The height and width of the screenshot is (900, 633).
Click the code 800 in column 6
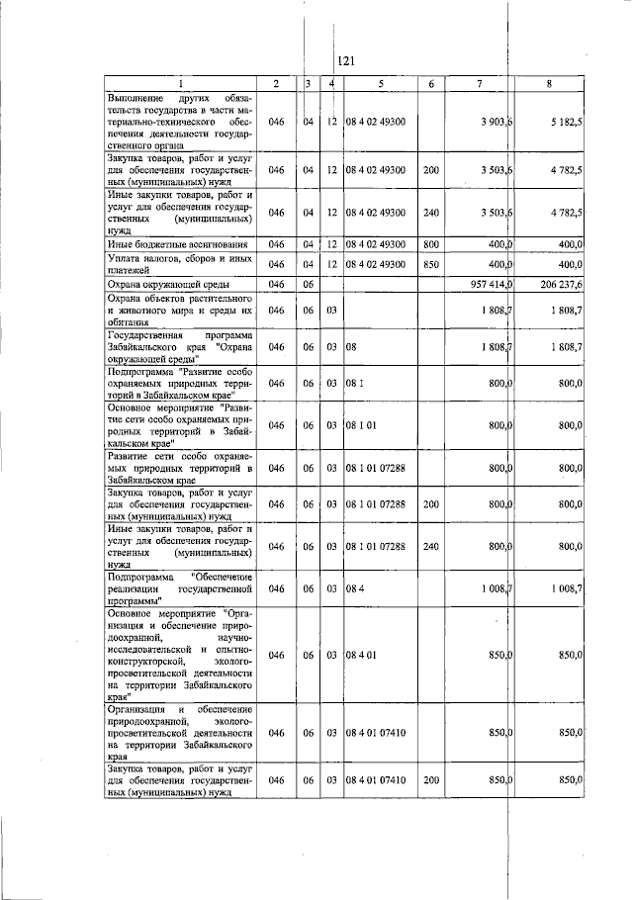pos(430,243)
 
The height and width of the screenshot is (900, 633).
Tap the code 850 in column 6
pos(430,264)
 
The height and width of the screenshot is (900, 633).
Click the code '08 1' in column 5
pos(355,383)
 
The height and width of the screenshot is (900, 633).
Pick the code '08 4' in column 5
pos(357,587)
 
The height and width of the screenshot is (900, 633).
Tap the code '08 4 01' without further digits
pos(363,655)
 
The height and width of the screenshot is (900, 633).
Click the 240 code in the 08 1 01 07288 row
pos(430,546)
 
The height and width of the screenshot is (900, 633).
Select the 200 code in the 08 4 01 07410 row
pos(430,780)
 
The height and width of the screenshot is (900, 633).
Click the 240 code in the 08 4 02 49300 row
pos(430,212)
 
